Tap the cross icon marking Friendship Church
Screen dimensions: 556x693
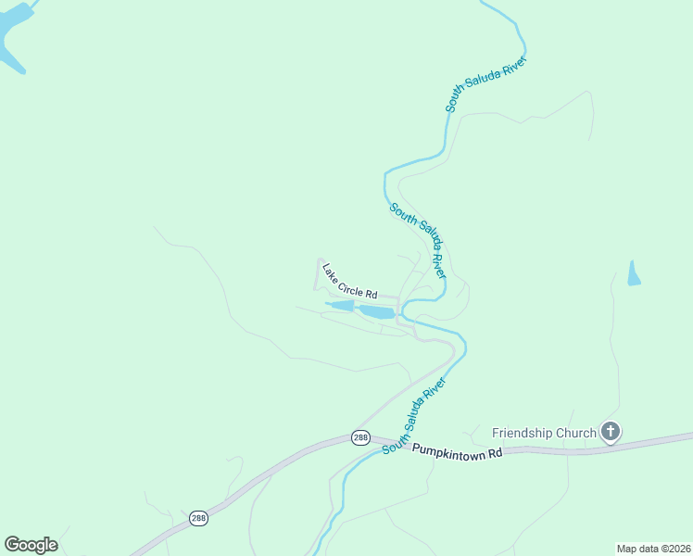(x=610, y=431)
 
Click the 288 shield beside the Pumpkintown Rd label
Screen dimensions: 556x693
(x=361, y=437)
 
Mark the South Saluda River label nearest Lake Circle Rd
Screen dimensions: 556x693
(x=418, y=240)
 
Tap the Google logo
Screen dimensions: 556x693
(x=31, y=545)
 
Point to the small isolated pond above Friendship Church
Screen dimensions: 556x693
(x=634, y=274)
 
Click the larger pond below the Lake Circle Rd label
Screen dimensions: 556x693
(x=377, y=312)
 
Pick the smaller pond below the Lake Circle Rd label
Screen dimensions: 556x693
(x=341, y=305)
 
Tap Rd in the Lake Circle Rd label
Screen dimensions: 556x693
(x=372, y=294)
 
